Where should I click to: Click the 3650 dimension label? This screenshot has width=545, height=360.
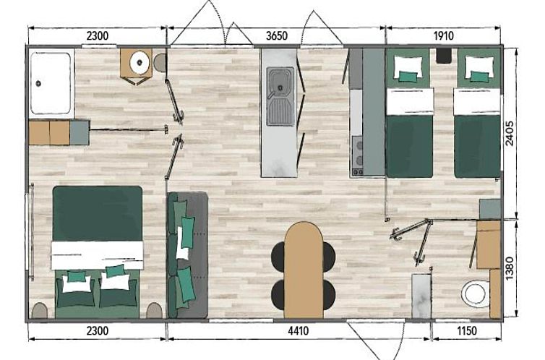[277, 36]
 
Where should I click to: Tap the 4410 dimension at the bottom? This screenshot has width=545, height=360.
[299, 331]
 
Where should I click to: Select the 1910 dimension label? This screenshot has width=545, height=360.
[444, 36]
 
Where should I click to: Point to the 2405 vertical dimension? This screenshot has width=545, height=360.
[510, 134]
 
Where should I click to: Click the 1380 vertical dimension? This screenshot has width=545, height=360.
[510, 268]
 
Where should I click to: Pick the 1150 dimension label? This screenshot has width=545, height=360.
[467, 331]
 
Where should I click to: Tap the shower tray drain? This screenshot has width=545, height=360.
[38, 83]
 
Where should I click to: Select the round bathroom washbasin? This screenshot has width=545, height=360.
[140, 63]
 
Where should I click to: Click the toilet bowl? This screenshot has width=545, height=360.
[475, 294]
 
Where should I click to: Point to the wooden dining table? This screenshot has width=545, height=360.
[304, 270]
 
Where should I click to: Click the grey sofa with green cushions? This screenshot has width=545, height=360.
[187, 254]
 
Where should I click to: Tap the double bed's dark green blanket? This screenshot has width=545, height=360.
[98, 213]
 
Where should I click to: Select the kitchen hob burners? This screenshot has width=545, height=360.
[358, 153]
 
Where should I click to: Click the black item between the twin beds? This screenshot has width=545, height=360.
[444, 56]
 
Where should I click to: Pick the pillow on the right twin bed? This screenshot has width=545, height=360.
[480, 67]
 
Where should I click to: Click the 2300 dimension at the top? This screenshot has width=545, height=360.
[98, 36]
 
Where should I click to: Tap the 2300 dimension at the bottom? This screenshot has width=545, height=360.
[98, 331]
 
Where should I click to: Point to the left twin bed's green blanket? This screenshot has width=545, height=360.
[410, 146]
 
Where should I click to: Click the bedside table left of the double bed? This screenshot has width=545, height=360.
[40, 310]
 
